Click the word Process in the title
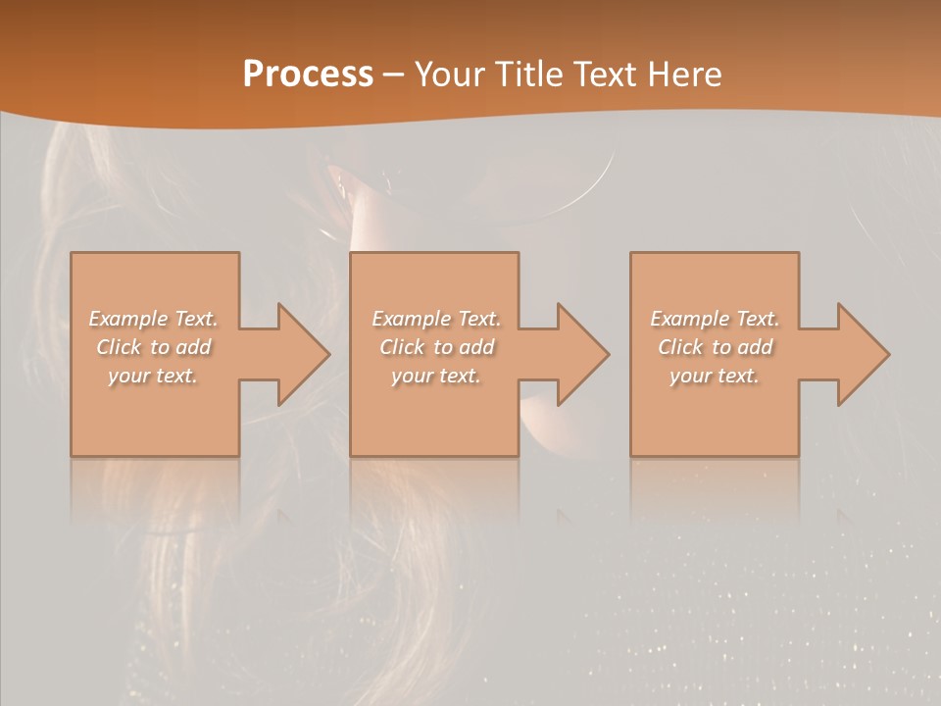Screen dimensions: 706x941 click(308, 75)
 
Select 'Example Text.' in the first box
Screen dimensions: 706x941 click(154, 319)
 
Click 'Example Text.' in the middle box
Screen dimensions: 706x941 click(436, 319)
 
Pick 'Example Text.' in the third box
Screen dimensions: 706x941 click(715, 319)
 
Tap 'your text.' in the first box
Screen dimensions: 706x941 click(153, 376)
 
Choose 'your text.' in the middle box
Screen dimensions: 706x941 click(435, 376)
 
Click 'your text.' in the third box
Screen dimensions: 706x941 click(714, 376)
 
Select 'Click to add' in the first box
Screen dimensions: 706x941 click(154, 347)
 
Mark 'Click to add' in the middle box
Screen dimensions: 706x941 click(436, 347)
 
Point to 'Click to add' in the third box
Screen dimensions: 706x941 click(716, 347)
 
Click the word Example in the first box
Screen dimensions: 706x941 click(126, 319)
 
